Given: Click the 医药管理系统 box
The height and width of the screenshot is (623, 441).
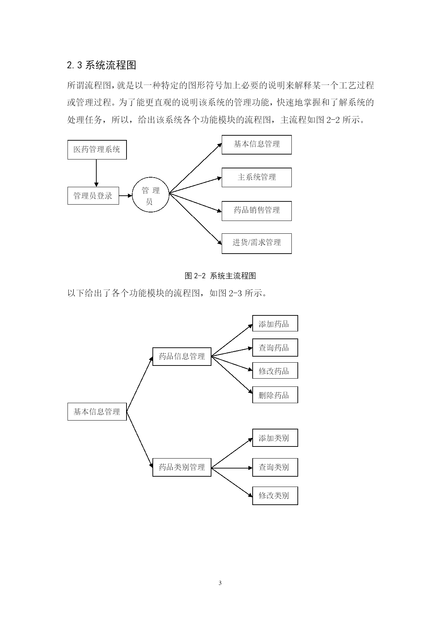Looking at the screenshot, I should (97, 150).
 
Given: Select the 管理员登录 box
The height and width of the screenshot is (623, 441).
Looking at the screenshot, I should (93, 196).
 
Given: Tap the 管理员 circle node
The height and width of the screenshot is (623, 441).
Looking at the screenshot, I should (150, 195).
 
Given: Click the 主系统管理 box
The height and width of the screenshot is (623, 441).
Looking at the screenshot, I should (256, 177).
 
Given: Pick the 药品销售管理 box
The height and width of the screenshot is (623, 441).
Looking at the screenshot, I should (256, 211).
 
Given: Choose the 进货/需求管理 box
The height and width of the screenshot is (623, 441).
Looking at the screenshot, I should (256, 243).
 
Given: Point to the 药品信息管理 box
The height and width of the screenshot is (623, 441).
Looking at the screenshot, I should (182, 356).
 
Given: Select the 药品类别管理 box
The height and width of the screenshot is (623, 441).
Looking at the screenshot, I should (182, 467).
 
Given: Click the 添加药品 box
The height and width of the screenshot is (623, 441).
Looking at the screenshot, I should (275, 324).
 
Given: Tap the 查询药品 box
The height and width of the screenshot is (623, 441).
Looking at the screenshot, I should (275, 348).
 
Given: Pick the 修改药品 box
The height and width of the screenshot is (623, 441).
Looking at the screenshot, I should (275, 371).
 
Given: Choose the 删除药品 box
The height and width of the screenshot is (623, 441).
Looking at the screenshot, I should (275, 395).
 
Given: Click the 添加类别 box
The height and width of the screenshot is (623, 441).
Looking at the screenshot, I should (275, 438).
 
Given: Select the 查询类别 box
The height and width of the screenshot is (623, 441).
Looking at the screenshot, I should (275, 467).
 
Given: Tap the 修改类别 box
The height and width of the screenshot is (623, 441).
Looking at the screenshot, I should (275, 495).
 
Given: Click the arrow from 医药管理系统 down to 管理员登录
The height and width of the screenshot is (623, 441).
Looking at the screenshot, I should (96, 173).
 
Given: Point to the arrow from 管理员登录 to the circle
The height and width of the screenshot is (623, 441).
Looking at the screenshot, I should (125, 195).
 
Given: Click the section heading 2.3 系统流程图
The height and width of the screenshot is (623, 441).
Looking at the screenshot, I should (102, 65).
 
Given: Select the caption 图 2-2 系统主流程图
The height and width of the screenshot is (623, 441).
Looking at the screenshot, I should (220, 276).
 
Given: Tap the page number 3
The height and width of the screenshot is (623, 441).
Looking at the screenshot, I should (220, 583).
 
